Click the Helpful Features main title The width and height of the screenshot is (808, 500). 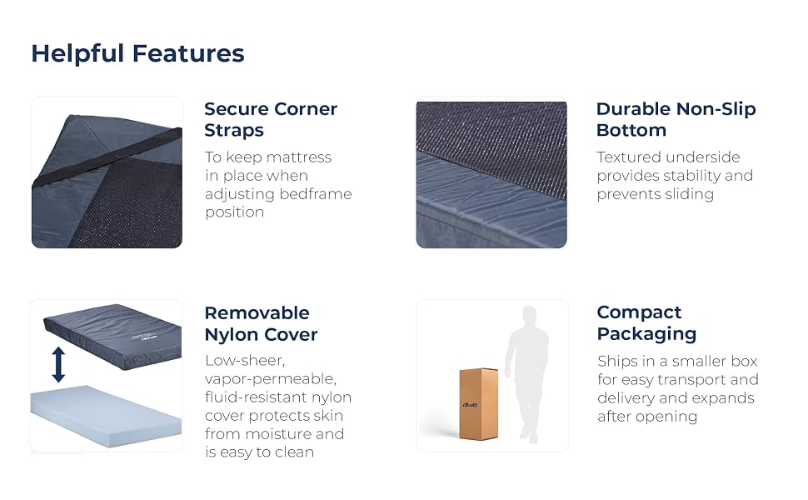137,53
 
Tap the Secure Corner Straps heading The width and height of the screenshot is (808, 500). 271,119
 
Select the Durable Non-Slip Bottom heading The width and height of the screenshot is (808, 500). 676,119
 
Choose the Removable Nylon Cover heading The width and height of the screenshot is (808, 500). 261,323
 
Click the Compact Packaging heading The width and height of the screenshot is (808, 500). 646,322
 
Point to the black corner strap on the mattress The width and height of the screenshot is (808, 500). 107,157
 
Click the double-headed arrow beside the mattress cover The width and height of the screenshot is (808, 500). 59,364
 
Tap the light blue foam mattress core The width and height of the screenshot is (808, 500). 106,415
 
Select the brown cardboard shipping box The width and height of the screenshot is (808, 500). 479,403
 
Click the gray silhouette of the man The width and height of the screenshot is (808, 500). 527,373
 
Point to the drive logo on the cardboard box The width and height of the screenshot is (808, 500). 470,405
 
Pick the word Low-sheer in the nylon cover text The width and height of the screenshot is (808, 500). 245,360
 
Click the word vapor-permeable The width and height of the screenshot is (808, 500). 271,379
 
